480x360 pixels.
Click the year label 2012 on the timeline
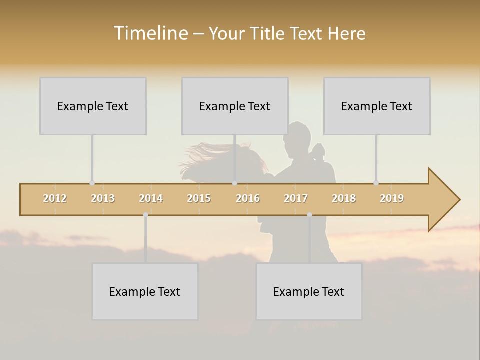click(55, 198)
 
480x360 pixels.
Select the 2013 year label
click(103, 198)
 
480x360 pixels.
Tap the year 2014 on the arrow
click(151, 198)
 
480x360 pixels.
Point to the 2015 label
click(199, 198)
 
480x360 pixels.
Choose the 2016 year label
click(248, 198)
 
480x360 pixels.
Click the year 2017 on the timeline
click(296, 198)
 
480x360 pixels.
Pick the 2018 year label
click(344, 198)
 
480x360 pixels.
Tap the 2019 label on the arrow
click(392, 198)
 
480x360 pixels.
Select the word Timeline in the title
click(150, 33)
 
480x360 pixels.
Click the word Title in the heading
click(269, 33)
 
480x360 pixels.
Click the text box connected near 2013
click(93, 106)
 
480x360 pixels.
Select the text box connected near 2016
click(235, 106)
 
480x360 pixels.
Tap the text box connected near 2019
click(377, 106)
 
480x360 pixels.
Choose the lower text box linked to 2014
click(145, 291)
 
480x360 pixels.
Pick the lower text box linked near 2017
click(309, 291)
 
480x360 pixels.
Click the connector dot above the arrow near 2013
click(92, 183)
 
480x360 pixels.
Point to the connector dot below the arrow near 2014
click(145, 215)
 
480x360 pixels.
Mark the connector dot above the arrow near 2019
click(376, 183)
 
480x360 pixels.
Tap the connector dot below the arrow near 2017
click(309, 215)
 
